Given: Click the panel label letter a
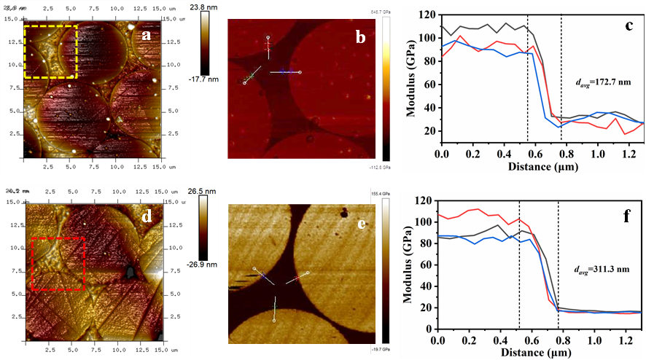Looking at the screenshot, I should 147,34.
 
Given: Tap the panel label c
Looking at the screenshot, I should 629,27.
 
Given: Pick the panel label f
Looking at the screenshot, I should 628,216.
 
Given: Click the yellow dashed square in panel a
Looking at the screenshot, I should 50,51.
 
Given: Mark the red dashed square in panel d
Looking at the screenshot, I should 58,263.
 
